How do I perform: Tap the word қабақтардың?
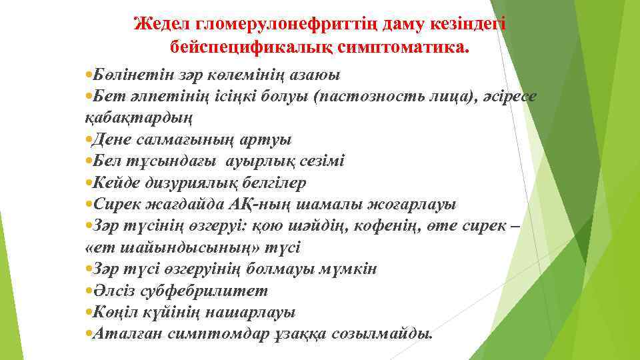coord(139,118)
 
